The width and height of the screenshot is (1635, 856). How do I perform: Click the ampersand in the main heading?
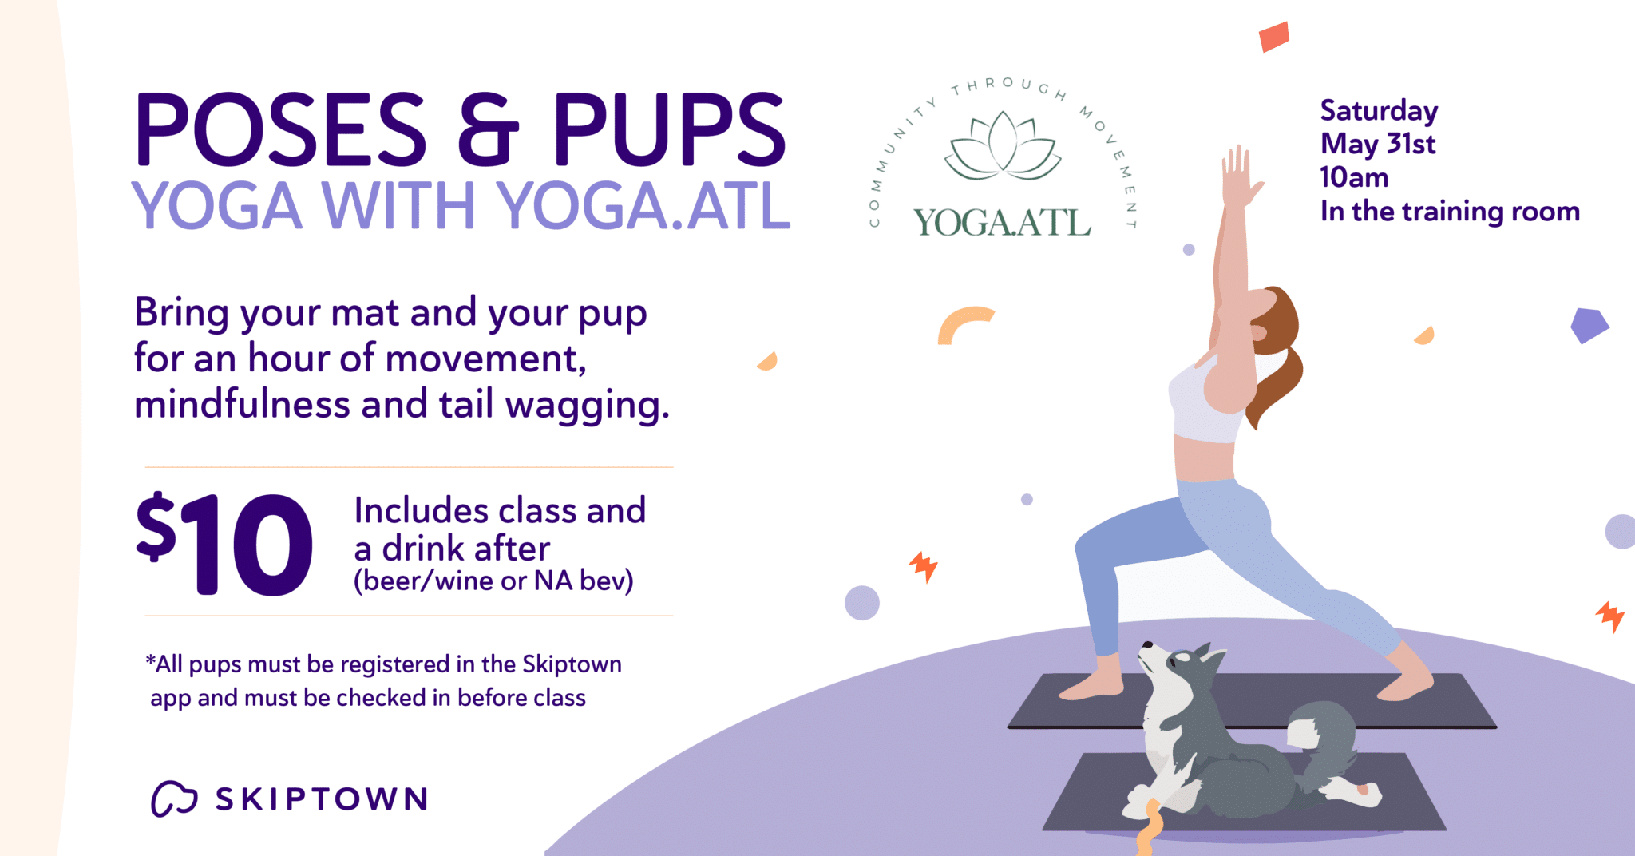tap(489, 129)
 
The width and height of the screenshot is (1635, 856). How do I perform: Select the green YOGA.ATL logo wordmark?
tap(1002, 223)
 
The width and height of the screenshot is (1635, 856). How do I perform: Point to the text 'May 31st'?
tap(1378, 145)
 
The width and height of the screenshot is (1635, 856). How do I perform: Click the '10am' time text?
tap(1354, 177)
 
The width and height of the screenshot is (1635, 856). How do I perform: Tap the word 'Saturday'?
tap(1379, 111)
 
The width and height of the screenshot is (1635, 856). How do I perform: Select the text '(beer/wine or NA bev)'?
tap(493, 581)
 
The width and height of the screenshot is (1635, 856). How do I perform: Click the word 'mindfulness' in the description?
tap(242, 404)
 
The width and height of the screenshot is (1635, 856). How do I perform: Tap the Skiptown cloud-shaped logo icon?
tap(174, 799)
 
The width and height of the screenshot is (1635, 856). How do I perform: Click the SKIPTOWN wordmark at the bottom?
tap(322, 799)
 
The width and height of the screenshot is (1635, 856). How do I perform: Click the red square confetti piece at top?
tap(1274, 37)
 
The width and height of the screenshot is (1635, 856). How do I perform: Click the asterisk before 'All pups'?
tap(150, 660)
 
